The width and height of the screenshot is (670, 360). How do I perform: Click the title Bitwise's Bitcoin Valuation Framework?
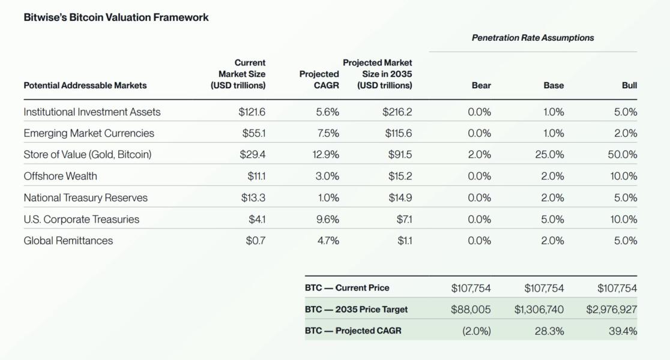(116, 17)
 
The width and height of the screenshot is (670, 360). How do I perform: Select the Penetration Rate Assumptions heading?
(533, 37)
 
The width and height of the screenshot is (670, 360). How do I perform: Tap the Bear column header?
(481, 85)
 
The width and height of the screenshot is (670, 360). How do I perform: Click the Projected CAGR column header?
(319, 80)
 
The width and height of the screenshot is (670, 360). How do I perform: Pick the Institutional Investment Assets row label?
(92, 112)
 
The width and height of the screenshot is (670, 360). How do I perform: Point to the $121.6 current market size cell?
(252, 112)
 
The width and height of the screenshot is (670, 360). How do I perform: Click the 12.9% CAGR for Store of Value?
(325, 154)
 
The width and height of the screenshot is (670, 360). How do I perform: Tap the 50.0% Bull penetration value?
(622, 154)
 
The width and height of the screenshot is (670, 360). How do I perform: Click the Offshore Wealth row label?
(60, 176)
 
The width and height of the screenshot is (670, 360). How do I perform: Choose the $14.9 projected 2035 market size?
(399, 197)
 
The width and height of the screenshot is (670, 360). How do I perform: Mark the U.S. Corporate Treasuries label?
(81, 219)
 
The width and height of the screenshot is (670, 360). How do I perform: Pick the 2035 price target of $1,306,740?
(539, 310)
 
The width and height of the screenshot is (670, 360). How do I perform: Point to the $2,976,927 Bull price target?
(611, 310)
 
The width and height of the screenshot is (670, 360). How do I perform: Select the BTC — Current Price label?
(347, 288)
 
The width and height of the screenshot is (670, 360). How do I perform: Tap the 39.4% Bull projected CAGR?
(623, 331)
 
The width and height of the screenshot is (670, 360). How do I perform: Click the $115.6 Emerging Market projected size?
(398, 133)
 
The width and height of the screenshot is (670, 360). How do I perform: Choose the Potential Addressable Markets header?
(85, 85)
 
